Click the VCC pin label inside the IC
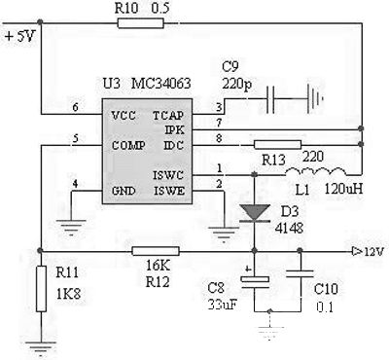click(x=124, y=115)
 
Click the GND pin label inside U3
click(x=124, y=189)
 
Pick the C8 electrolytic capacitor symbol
click(x=254, y=281)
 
